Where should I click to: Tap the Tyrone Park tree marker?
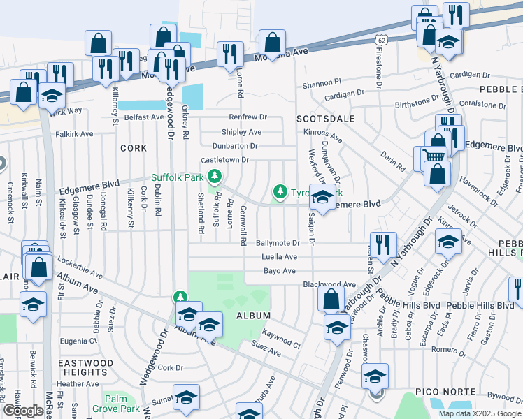pos(280,191)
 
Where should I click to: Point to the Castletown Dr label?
pos(225,160)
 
